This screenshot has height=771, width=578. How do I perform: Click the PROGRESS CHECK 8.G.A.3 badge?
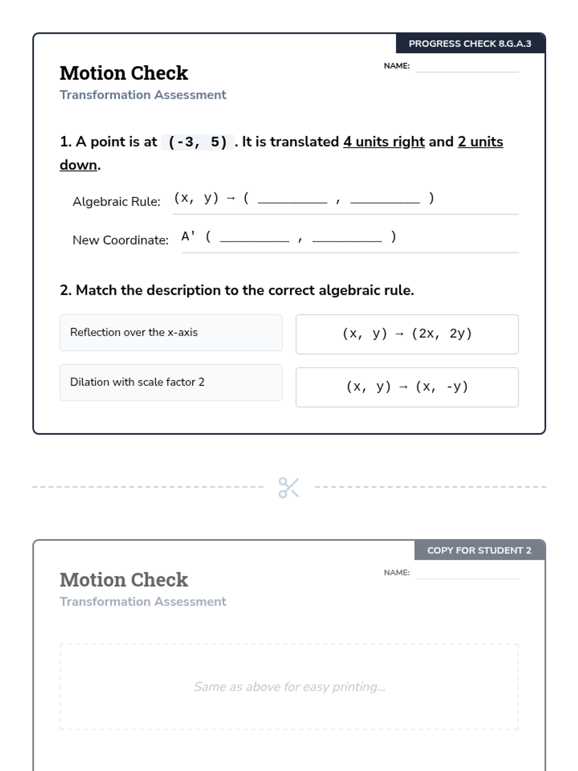tap(470, 43)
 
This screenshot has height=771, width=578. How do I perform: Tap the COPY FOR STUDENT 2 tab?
tap(479, 550)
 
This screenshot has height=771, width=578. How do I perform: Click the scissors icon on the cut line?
tap(289, 487)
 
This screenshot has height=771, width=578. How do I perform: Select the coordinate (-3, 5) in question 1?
tap(197, 142)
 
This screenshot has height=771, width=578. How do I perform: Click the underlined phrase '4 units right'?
tap(384, 142)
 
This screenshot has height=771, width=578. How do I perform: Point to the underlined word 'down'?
tap(79, 165)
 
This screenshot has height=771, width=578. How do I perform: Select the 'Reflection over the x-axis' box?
tap(171, 332)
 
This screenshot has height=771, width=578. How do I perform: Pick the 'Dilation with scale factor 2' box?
tap(171, 382)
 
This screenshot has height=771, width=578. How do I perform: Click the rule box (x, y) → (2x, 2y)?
tap(407, 334)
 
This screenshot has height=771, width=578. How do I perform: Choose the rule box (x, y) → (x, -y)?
tap(407, 387)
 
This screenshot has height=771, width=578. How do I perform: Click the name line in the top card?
tap(467, 67)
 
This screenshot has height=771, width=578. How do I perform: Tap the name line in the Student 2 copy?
tap(467, 574)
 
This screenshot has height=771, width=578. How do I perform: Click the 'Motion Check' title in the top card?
tap(124, 73)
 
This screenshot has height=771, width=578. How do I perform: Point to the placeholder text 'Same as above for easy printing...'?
tap(289, 687)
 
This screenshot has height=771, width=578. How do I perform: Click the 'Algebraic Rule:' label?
tap(117, 201)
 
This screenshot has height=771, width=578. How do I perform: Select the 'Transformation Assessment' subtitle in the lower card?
tap(143, 602)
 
